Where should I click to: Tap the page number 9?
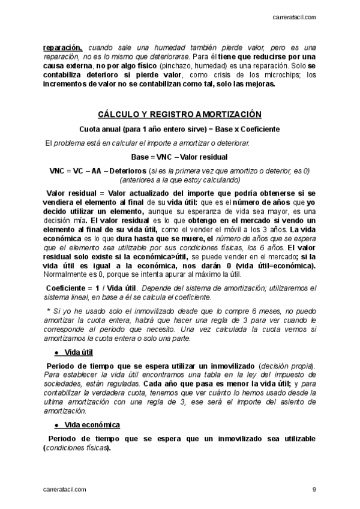click(314, 489)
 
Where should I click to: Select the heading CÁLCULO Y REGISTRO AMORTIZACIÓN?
click(179, 115)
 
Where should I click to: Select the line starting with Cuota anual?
click(179, 129)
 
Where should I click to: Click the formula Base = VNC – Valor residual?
click(179, 157)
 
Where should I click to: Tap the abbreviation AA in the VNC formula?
click(97, 170)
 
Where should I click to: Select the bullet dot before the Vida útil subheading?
click(56, 352)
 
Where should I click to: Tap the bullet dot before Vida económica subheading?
click(56, 425)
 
